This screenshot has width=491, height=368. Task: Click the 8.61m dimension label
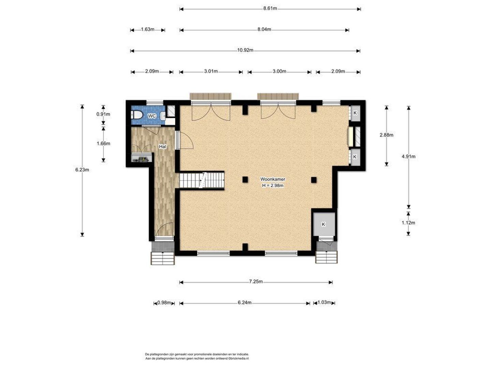click(270, 9)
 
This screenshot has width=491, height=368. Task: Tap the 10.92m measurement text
click(245, 50)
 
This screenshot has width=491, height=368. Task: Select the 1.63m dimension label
click(148, 29)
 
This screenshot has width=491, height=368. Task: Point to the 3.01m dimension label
click(211, 71)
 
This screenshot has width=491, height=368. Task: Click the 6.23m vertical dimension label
click(82, 170)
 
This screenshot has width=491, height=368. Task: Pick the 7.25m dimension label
click(256, 281)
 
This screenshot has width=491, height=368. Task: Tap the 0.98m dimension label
click(164, 303)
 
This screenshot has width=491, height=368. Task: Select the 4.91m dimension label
click(408, 157)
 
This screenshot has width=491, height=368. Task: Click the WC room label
click(152, 116)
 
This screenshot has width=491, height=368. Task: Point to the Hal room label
click(162, 147)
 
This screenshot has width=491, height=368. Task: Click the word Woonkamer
click(273, 179)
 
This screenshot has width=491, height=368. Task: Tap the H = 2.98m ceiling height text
click(273, 185)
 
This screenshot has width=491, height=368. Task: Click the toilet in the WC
click(137, 115)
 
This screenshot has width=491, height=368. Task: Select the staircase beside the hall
click(202, 181)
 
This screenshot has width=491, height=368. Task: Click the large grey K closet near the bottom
click(324, 224)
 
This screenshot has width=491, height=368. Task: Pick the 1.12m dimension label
click(408, 223)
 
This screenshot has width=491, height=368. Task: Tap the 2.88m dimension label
click(386, 135)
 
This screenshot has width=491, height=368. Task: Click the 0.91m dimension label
click(103, 114)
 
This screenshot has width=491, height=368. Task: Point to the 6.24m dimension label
click(244, 303)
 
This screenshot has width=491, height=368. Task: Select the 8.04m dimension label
click(264, 29)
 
